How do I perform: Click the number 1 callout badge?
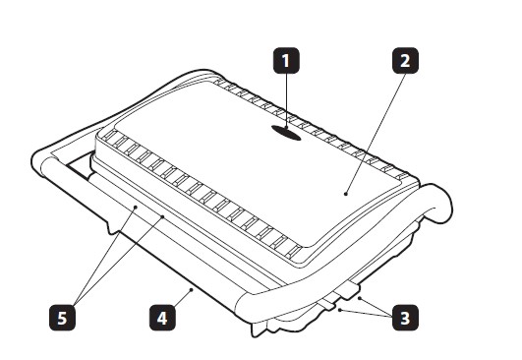(286, 61)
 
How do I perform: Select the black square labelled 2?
(405, 61)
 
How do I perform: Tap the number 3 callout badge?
(405, 318)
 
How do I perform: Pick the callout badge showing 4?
(162, 318)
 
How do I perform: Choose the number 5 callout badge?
(62, 318)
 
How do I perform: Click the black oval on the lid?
(286, 133)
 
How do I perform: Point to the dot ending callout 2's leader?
(346, 194)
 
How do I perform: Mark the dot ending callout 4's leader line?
(192, 289)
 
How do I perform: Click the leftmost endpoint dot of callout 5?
(136, 207)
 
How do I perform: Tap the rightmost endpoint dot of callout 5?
(163, 216)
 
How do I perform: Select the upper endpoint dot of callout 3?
(359, 298)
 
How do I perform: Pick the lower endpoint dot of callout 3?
(339, 310)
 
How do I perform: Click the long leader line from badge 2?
(376, 134)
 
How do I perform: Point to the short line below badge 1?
(286, 100)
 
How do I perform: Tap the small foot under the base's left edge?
(113, 227)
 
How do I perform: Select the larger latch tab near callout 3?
(348, 289)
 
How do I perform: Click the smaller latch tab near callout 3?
(327, 303)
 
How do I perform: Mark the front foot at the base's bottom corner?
(257, 330)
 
